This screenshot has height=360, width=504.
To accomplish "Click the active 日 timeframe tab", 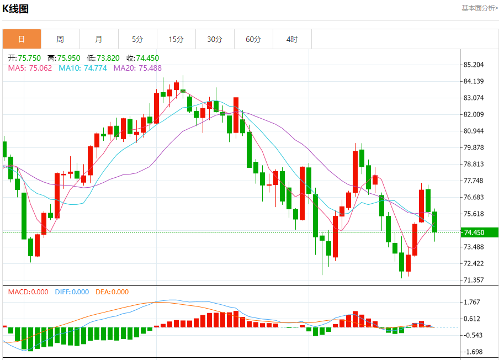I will [x=22, y=39].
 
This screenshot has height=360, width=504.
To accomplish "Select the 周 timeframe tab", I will [x=60, y=39].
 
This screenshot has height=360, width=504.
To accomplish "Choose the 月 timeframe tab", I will [x=99, y=39].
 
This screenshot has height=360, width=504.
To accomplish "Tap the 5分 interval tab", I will [x=137, y=39].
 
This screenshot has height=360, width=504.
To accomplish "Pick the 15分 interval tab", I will [x=176, y=39].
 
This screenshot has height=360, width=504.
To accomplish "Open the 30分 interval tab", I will [x=215, y=39].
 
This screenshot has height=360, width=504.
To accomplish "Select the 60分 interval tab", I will [x=253, y=39].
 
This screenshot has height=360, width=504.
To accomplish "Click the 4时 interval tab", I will [x=292, y=39].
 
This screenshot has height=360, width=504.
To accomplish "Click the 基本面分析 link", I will [x=480, y=8].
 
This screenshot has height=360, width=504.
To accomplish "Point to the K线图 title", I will [x=15, y=9].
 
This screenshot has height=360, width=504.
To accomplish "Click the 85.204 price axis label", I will [x=474, y=65].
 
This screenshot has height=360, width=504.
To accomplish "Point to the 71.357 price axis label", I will [x=474, y=280].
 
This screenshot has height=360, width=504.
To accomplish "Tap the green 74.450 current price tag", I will [x=480, y=232].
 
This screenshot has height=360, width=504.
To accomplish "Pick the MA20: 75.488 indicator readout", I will [x=137, y=68].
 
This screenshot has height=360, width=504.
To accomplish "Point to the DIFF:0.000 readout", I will [x=72, y=292].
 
